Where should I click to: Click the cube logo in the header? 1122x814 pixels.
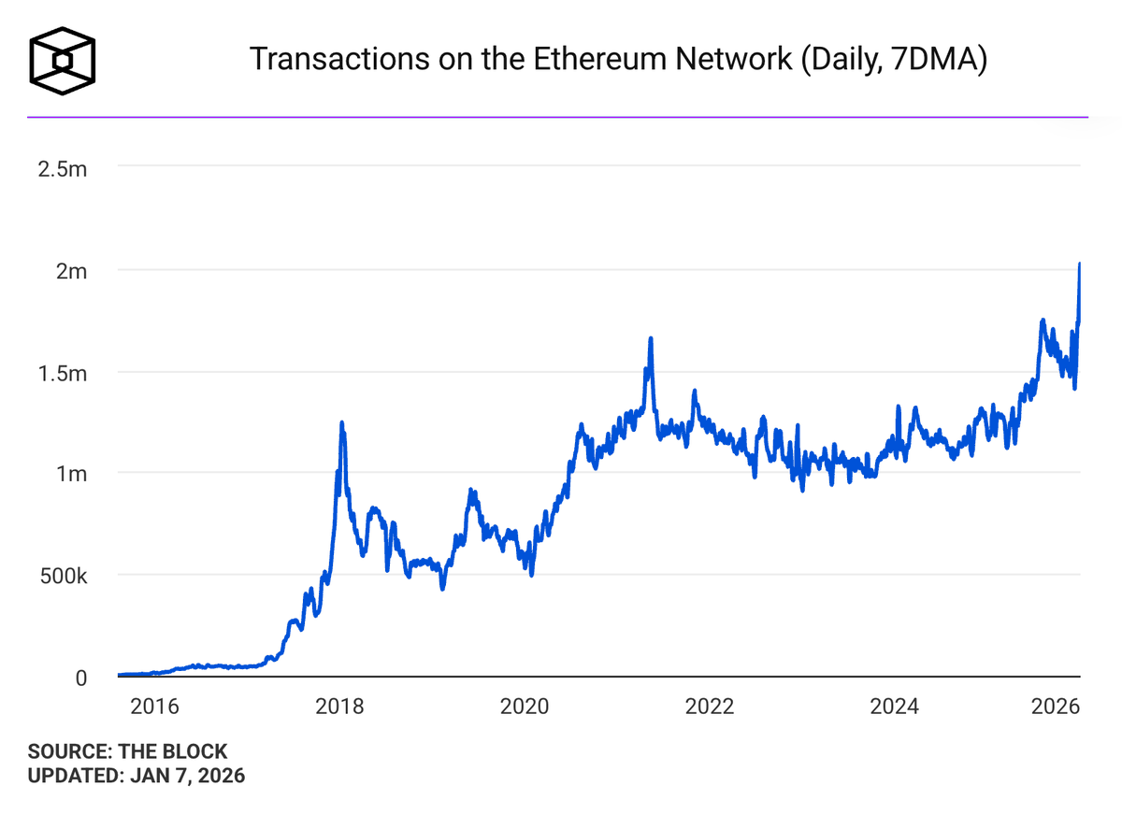[63, 62]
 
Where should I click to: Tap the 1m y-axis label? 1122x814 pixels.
[71, 474]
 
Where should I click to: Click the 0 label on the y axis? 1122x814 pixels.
[81, 678]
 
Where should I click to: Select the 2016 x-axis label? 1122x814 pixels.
[154, 706]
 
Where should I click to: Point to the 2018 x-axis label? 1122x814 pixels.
[339, 706]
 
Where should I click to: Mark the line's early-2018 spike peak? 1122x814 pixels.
[341, 423]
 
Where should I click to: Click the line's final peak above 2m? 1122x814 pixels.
[1080, 264]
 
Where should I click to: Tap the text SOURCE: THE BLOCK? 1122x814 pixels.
[127, 751]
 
